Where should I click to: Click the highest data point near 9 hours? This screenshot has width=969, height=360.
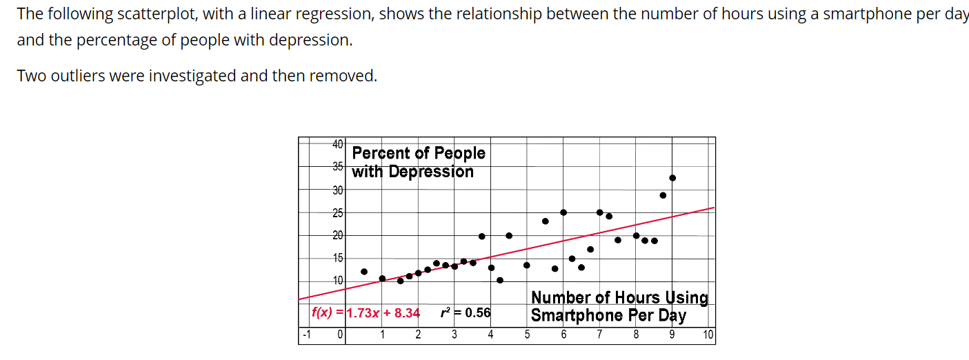(672, 178)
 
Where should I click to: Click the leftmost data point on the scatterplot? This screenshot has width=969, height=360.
(364, 272)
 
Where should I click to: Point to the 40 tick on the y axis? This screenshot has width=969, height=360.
(338, 144)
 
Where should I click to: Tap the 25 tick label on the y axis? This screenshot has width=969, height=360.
(338, 213)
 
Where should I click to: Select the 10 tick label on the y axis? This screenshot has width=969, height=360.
(338, 281)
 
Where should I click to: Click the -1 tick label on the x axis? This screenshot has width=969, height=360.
(306, 336)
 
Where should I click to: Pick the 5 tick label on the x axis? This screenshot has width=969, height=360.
(527, 336)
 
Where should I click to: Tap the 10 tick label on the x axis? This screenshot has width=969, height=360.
(708, 336)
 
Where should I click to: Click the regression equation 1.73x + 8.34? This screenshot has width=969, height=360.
(383, 313)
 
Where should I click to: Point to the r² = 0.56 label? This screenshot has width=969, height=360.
(466, 313)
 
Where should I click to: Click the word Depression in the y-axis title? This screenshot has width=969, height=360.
(431, 172)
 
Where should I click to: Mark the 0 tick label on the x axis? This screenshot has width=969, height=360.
(340, 336)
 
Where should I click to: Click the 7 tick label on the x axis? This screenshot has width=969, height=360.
(599, 336)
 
